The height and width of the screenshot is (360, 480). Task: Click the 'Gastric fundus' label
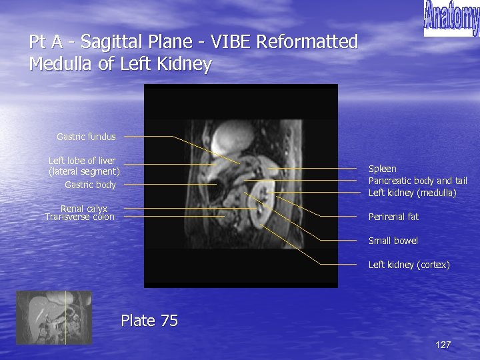(86, 137)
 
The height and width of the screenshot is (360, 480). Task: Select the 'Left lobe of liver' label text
(82, 161)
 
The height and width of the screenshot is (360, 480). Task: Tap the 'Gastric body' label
(90, 185)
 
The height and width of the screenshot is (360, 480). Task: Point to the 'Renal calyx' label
(84, 209)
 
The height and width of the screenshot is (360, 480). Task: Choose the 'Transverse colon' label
(79, 217)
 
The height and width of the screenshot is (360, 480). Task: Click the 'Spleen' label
(382, 169)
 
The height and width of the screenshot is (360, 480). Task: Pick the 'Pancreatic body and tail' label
(417, 181)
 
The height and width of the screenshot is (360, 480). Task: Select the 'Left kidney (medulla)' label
(412, 193)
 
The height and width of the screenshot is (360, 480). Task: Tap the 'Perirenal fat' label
(393, 217)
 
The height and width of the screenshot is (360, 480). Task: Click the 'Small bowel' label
(393, 241)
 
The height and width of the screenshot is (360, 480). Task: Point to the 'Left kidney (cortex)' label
(409, 265)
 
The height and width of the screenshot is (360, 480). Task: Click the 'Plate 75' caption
(149, 321)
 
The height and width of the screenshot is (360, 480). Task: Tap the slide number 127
(443, 345)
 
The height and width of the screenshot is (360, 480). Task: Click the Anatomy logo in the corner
(451, 19)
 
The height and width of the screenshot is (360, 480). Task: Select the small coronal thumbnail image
(53, 317)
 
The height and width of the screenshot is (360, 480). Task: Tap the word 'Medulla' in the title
(61, 65)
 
